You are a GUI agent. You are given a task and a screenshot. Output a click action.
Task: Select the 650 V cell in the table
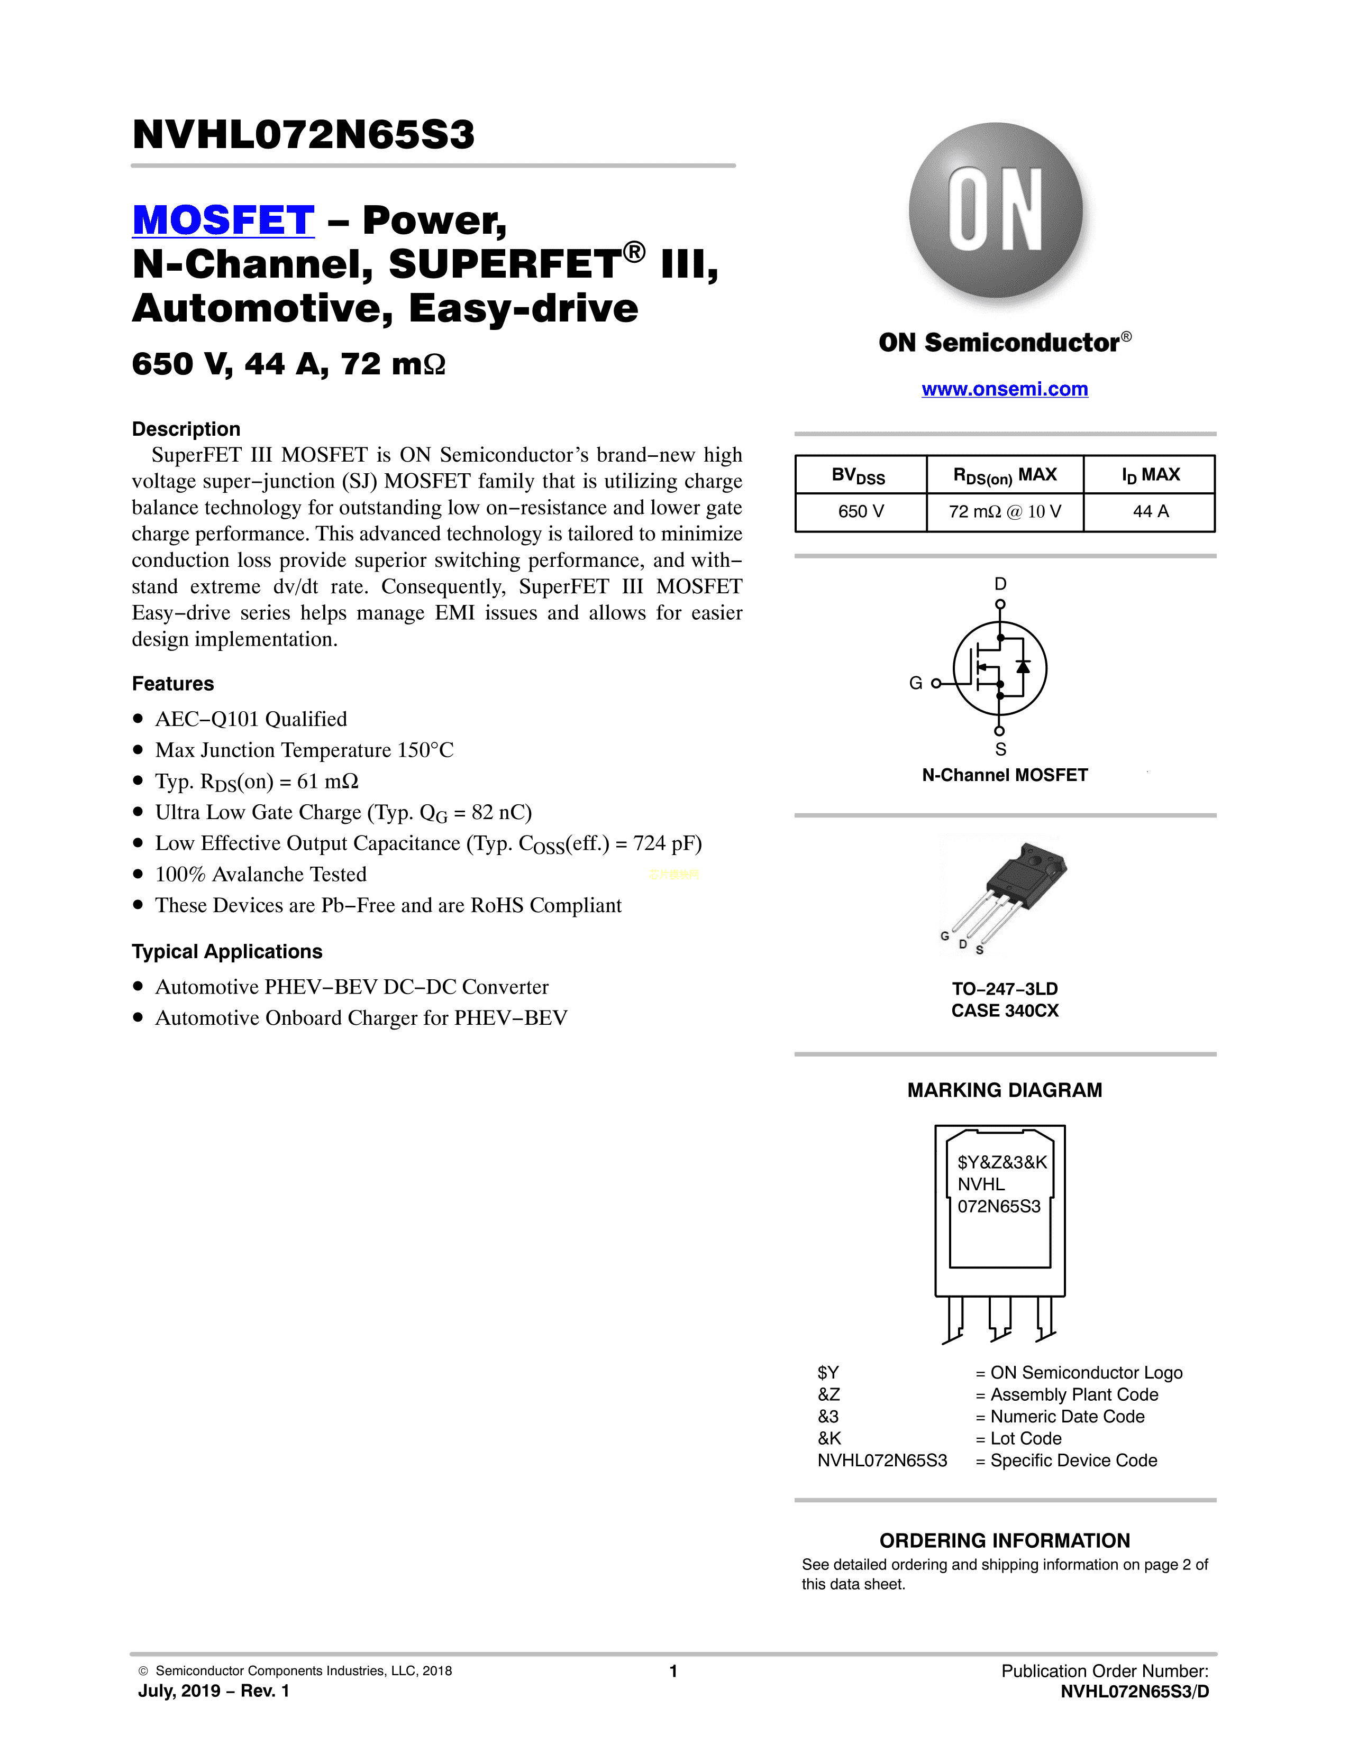(x=861, y=511)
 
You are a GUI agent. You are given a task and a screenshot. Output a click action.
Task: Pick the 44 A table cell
(x=1150, y=511)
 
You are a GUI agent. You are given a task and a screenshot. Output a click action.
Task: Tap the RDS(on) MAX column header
(x=1005, y=475)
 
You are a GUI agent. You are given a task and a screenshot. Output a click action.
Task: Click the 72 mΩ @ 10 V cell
(x=1005, y=511)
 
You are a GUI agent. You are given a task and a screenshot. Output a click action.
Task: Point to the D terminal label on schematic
(x=1000, y=584)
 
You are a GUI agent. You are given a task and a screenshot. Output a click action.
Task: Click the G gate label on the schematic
(x=916, y=683)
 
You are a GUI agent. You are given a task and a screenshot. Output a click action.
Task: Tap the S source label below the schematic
(x=1000, y=749)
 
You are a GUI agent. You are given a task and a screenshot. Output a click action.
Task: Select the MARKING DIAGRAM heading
(x=1005, y=1090)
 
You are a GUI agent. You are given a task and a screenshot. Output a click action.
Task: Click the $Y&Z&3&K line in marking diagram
(x=1001, y=1162)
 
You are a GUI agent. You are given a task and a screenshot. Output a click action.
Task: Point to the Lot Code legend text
(x=1025, y=1438)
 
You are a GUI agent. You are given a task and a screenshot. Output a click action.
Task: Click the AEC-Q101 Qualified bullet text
(x=251, y=719)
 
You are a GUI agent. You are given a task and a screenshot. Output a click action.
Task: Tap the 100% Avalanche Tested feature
(x=260, y=874)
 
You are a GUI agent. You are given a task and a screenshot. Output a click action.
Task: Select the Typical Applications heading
(x=227, y=952)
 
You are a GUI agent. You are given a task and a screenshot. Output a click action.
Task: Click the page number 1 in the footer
(x=673, y=1670)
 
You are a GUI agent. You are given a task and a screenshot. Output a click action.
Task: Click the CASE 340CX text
(x=1005, y=1011)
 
